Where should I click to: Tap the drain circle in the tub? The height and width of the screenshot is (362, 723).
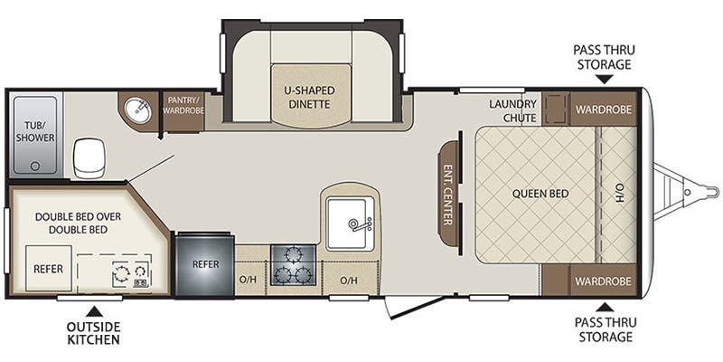34,166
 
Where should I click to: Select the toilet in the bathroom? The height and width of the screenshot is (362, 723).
89,157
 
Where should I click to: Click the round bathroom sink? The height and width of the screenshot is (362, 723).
138,110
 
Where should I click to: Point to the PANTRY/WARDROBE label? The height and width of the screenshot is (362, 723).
184,105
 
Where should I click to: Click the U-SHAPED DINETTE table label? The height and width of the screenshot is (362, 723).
309,97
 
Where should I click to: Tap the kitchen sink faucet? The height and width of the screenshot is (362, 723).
359,224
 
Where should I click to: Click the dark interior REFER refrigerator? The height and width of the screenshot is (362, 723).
205,264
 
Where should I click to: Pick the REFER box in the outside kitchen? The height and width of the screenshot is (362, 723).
49,268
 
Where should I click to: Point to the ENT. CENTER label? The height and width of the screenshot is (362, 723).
447,195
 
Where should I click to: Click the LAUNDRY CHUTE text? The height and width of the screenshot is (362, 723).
512,110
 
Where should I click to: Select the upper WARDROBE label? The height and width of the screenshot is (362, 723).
603,110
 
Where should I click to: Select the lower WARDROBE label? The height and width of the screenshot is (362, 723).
603,281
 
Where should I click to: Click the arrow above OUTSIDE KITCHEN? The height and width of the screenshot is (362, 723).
94,310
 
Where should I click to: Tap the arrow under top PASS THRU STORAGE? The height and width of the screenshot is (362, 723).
604,79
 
